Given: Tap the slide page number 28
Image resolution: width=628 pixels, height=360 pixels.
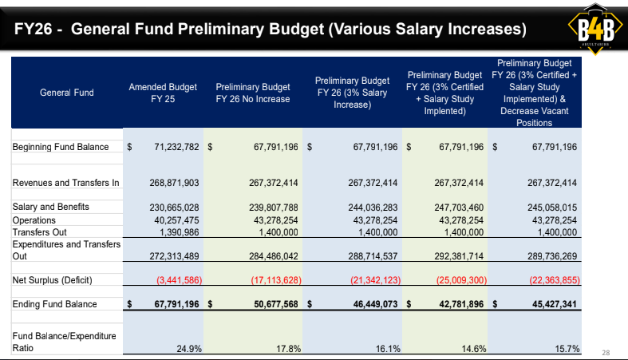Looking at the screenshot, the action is [x=606, y=353].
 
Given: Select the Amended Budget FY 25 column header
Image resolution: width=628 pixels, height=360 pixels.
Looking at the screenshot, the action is [x=163, y=93].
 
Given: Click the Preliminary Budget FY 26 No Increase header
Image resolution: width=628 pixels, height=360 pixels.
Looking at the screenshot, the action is [x=253, y=93].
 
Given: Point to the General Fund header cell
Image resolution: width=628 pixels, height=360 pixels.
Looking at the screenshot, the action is [x=67, y=93].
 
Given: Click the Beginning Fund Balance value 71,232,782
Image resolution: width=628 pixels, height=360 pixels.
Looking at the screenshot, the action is [x=176, y=147].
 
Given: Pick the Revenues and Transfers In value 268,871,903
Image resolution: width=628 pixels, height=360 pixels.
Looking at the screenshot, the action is [x=174, y=183].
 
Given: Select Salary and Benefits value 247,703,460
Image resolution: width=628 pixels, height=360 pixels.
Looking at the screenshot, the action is [x=459, y=208].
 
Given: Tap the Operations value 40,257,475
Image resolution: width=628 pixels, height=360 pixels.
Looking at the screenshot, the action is [x=176, y=220].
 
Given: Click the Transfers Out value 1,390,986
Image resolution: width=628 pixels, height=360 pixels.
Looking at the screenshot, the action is [x=179, y=232].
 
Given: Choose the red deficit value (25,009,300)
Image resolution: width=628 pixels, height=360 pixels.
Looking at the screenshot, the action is [x=461, y=280].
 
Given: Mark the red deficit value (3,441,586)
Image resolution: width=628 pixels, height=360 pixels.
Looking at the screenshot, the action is [x=179, y=280].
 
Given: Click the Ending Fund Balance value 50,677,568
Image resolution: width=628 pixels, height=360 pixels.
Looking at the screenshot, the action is [x=276, y=304].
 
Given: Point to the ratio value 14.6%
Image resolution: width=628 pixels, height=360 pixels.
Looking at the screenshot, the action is [x=474, y=349].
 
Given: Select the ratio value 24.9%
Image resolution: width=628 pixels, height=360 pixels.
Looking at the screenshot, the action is [x=189, y=349].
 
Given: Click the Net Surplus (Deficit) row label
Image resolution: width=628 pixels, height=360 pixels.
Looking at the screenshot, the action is [x=52, y=280].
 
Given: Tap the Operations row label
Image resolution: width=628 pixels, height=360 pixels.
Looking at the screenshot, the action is [x=34, y=220].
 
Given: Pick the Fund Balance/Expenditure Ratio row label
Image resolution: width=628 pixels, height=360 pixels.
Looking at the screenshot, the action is [x=64, y=342].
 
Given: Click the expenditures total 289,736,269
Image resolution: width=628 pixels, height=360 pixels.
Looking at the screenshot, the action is [x=552, y=256].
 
